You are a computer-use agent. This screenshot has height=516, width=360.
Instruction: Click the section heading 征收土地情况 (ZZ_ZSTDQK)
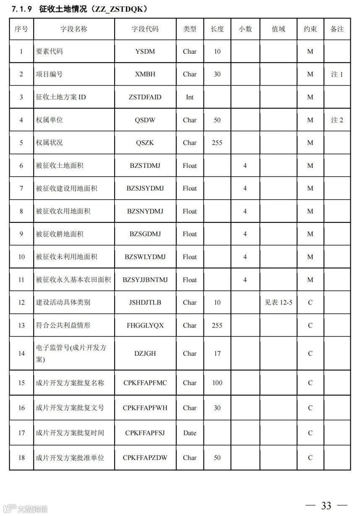click(x=80, y=8)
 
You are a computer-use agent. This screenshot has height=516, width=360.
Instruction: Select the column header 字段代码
click(x=145, y=29)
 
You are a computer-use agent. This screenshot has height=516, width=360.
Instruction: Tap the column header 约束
click(x=310, y=29)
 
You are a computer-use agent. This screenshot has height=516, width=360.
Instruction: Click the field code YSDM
click(x=145, y=52)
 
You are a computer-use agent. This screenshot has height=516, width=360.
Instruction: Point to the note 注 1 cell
click(x=337, y=74)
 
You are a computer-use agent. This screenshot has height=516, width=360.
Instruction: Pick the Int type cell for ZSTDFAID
click(x=190, y=97)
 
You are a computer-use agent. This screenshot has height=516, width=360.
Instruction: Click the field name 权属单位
click(x=50, y=120)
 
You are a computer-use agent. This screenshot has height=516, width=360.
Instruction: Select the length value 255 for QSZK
click(x=217, y=143)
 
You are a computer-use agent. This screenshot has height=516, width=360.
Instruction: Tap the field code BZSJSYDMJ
click(x=145, y=188)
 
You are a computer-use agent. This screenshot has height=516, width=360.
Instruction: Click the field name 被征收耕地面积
click(x=60, y=234)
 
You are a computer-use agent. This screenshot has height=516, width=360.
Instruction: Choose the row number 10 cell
click(x=21, y=257)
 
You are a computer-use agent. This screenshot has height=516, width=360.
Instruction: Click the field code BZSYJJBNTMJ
click(x=145, y=280)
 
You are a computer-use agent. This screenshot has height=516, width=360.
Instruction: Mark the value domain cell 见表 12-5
click(x=279, y=302)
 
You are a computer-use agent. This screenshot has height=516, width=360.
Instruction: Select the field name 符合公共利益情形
click(x=63, y=325)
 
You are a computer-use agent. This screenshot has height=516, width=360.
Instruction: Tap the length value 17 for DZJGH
click(x=217, y=354)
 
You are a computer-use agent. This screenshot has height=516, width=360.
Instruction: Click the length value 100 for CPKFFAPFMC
click(x=217, y=383)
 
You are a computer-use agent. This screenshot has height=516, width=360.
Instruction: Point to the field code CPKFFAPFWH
click(x=145, y=408)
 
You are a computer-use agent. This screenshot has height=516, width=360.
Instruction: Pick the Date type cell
click(x=190, y=433)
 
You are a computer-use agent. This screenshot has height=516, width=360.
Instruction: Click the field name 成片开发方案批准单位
click(x=70, y=458)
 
